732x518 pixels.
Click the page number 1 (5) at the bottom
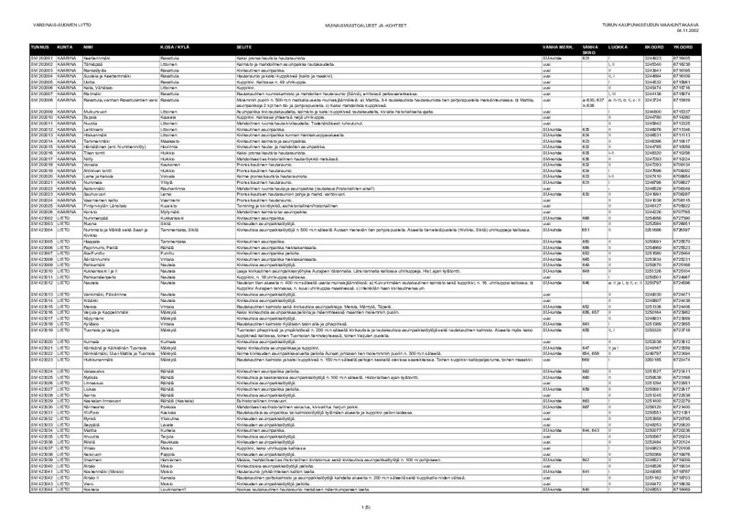click(x=366, y=507)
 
